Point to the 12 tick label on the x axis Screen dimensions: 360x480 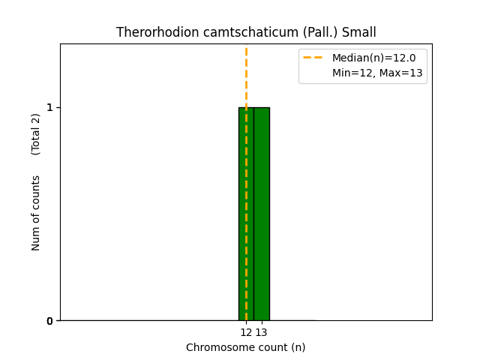(x=246, y=332)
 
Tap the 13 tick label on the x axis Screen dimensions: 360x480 (x=261, y=332)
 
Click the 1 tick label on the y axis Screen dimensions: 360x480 (x=50, y=107)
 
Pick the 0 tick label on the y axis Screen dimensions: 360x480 (x=50, y=321)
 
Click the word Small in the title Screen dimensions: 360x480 (x=358, y=32)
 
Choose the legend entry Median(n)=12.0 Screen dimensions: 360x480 (x=373, y=58)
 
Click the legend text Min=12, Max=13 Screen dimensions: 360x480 (x=377, y=73)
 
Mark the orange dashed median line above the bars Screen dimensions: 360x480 (x=246, y=75)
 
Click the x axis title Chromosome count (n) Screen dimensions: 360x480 (x=246, y=347)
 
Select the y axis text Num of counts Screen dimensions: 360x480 (x=36, y=213)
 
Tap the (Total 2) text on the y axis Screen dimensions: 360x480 (x=36, y=134)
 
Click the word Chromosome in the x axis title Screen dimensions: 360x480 (x=217, y=347)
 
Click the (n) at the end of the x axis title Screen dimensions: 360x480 (x=298, y=347)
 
